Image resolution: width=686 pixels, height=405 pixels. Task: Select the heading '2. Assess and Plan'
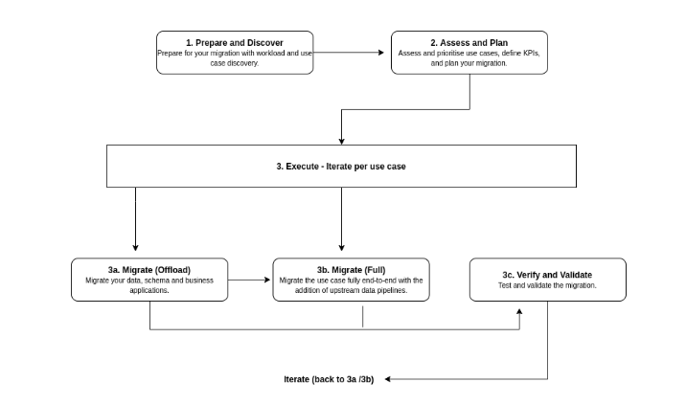coord(469,43)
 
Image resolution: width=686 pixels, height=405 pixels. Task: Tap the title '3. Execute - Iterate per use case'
coord(342,167)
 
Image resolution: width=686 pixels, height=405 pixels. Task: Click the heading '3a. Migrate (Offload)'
coord(150,269)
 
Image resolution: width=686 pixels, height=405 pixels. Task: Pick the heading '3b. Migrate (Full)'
coord(352,269)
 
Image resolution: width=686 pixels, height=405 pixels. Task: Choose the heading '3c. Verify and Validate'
coord(547,274)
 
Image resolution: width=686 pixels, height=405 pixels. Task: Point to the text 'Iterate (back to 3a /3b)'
coord(329,379)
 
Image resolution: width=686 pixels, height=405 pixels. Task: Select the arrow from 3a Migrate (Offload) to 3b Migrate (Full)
coord(249,281)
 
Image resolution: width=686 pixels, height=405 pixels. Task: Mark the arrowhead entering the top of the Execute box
coord(342,142)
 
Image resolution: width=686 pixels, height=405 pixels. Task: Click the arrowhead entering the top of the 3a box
coord(136,252)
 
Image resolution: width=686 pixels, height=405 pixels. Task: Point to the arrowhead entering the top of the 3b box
coord(342,252)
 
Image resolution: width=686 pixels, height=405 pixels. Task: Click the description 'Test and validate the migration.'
coord(547,285)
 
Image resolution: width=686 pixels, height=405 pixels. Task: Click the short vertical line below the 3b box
coord(362,317)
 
